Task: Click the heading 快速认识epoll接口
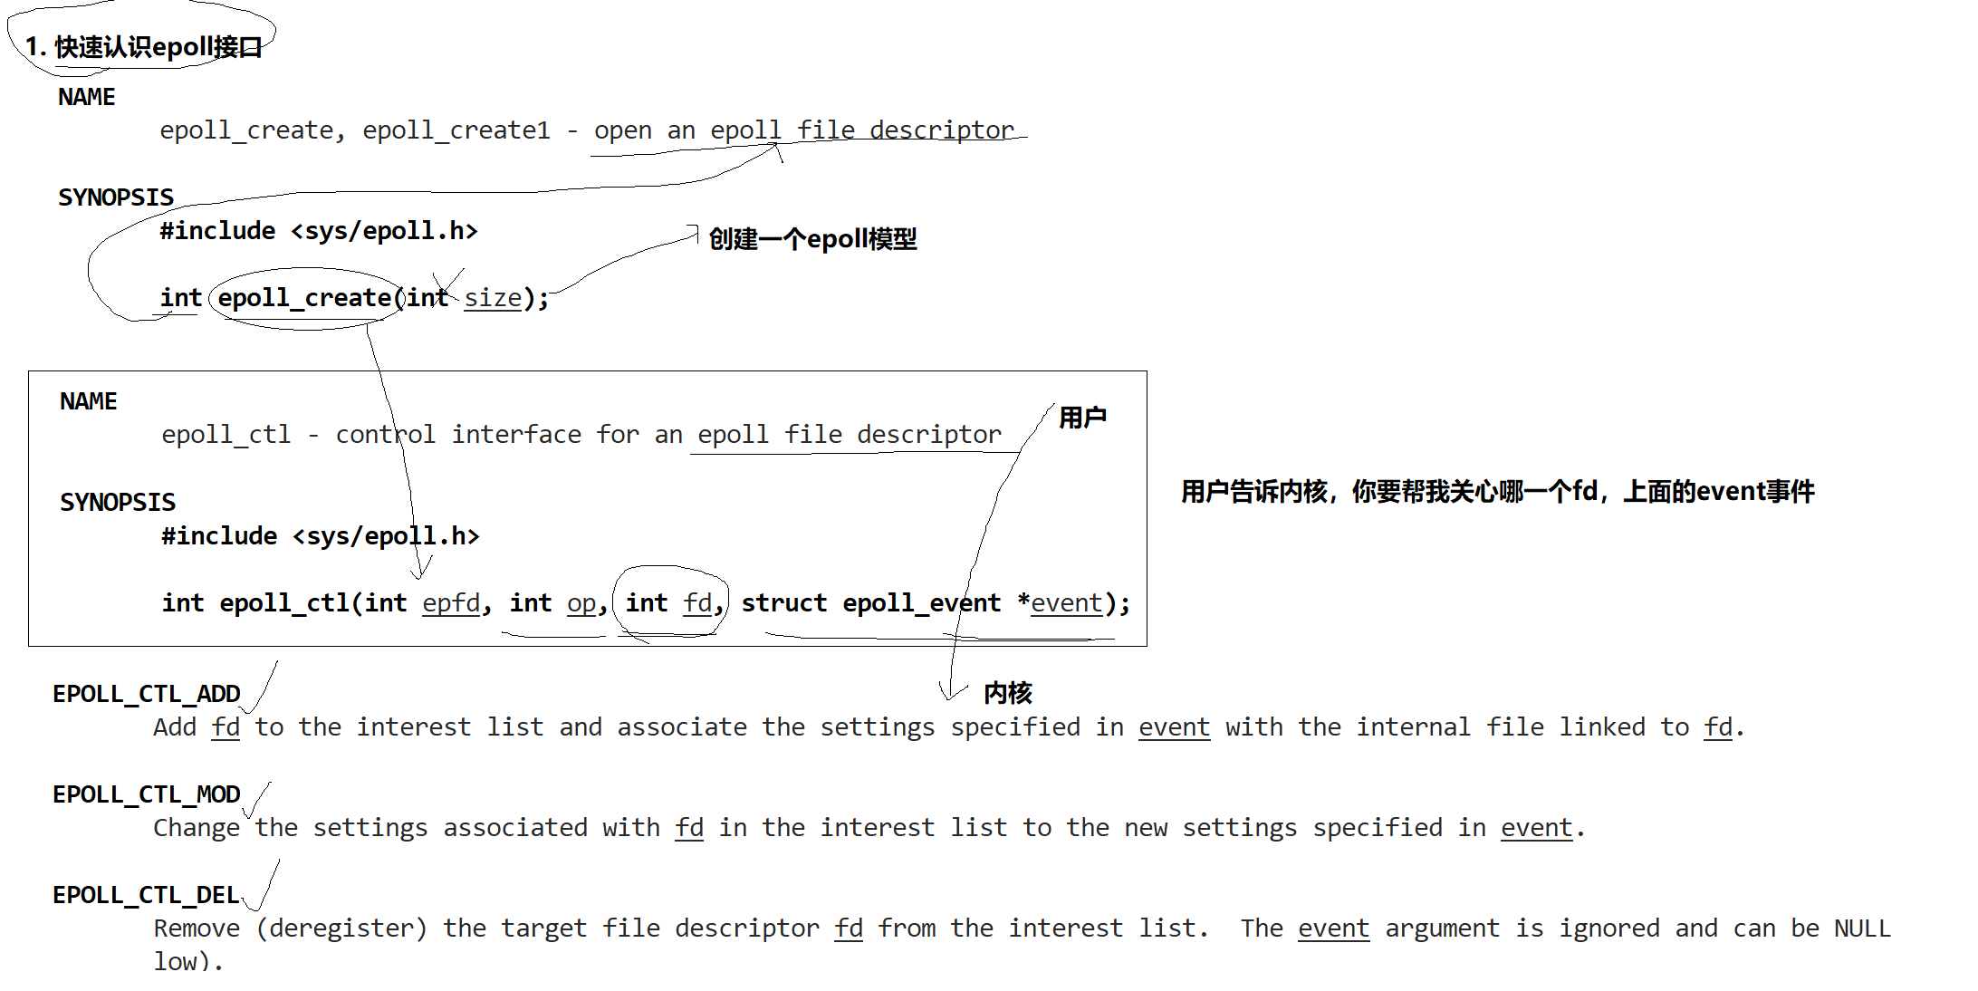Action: pyautogui.click(x=144, y=47)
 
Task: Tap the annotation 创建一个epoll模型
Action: pyautogui.click(x=812, y=239)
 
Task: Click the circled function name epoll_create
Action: pyautogui.click(x=304, y=298)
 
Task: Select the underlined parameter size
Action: pyautogui.click(x=493, y=298)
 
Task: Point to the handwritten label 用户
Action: pyautogui.click(x=1082, y=418)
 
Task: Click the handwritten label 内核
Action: pyautogui.click(x=1008, y=693)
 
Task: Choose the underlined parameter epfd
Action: pyautogui.click(x=451, y=603)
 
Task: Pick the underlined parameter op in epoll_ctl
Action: pyautogui.click(x=581, y=603)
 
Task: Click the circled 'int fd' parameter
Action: pyautogui.click(x=671, y=603)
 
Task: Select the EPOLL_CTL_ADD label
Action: pyautogui.click(x=147, y=694)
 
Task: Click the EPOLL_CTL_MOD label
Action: pyautogui.click(x=147, y=794)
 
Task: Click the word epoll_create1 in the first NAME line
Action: pyautogui.click(x=456, y=130)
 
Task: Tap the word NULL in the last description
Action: pyautogui.click(x=1862, y=928)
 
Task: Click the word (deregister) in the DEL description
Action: pyautogui.click(x=341, y=928)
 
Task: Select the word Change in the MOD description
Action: pyautogui.click(x=197, y=828)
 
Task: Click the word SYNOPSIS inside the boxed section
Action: pyautogui.click(x=118, y=503)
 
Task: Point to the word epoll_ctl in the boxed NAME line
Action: pyautogui.click(x=226, y=435)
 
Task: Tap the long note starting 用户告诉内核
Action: pyautogui.click(x=1497, y=492)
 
